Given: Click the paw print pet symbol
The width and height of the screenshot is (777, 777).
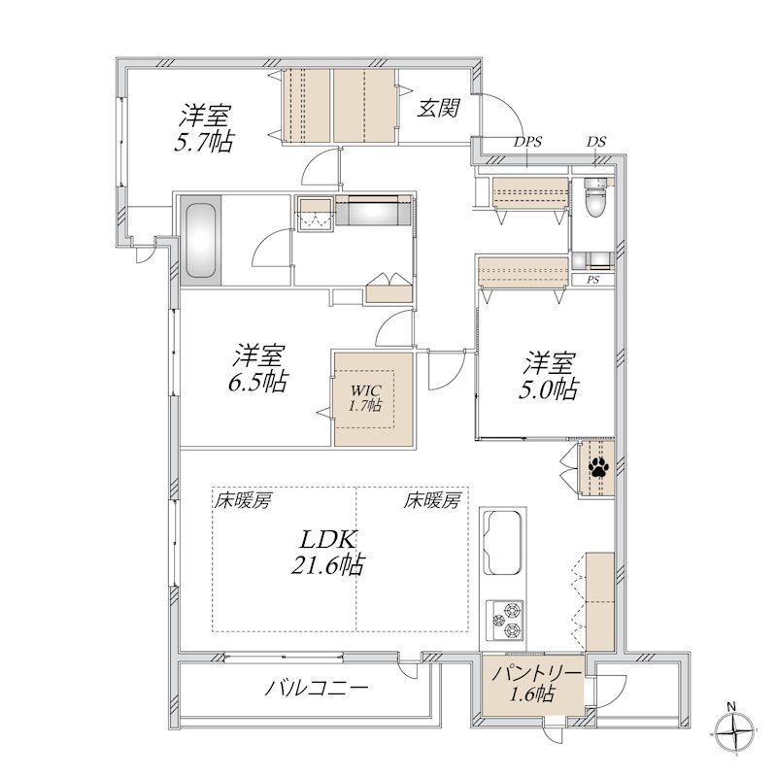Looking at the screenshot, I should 596,468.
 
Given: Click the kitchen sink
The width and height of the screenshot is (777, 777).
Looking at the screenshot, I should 504,544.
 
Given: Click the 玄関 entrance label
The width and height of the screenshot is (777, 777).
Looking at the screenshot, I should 438,108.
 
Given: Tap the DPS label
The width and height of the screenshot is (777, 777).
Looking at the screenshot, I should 527,142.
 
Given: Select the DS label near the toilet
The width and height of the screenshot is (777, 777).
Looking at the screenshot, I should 595,142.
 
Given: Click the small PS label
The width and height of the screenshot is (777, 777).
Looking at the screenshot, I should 592,281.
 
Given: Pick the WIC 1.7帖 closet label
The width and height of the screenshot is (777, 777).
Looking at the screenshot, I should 365,397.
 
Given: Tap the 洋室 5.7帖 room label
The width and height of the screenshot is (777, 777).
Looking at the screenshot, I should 204,128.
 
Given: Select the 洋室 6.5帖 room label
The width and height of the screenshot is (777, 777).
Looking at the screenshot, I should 257,366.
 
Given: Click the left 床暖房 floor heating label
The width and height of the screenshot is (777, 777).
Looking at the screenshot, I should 243,501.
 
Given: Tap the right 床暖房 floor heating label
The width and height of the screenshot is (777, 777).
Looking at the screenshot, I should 432,501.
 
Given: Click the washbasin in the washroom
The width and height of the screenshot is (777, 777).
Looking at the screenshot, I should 317,216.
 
